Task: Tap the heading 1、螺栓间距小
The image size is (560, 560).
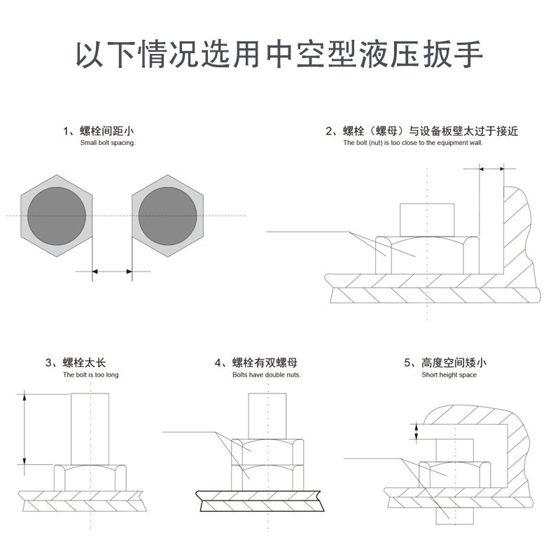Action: (99, 131)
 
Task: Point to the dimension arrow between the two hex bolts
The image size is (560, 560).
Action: (112, 271)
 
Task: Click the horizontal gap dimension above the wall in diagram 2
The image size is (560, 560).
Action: (491, 168)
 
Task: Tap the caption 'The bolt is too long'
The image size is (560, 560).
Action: (91, 375)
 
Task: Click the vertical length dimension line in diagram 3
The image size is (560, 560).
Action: (24, 428)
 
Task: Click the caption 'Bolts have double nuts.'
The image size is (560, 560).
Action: (267, 375)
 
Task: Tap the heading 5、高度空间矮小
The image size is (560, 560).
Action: (444, 363)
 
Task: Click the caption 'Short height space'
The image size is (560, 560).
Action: (449, 375)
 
